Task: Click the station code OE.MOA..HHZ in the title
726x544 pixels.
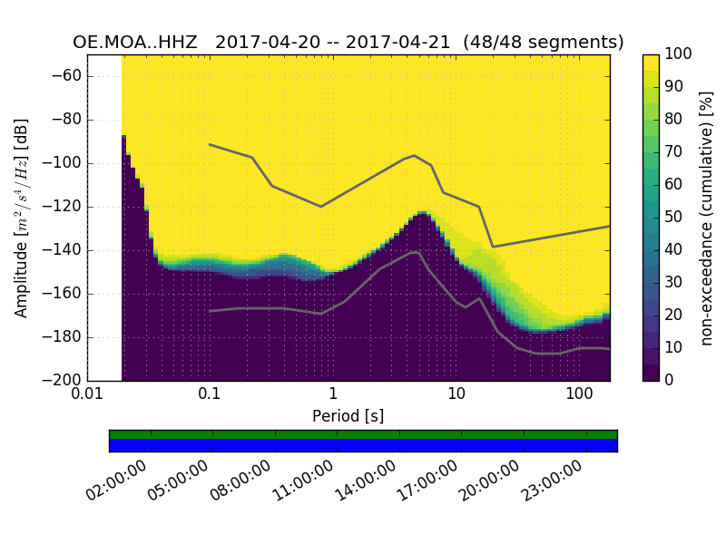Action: [138, 43]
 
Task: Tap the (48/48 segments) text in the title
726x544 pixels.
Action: [543, 43]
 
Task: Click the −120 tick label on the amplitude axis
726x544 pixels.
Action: [61, 207]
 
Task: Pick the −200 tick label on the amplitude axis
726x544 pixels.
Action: [61, 380]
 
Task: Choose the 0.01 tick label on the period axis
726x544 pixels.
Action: [87, 394]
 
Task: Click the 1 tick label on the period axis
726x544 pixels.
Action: [333, 394]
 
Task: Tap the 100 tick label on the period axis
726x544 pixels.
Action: [579, 394]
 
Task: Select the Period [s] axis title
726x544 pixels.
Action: [348, 415]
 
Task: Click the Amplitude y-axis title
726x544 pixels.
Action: [22, 218]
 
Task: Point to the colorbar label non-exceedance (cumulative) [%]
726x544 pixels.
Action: [707, 218]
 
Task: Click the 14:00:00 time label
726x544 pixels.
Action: [368, 481]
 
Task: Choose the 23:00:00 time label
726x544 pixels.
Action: [554, 481]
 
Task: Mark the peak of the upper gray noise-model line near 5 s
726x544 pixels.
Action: [414, 155]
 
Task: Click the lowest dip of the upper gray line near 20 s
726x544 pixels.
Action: [493, 247]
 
